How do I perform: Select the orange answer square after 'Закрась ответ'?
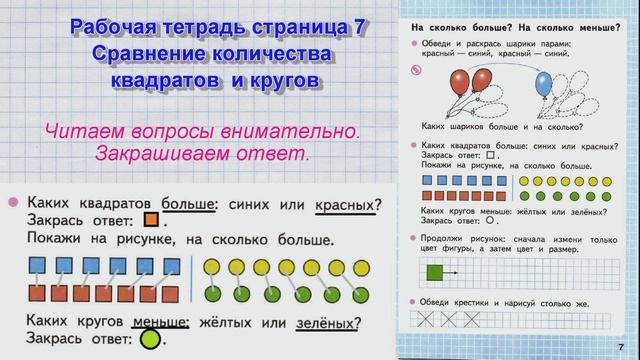152,221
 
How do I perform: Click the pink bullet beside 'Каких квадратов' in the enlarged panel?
13,201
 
